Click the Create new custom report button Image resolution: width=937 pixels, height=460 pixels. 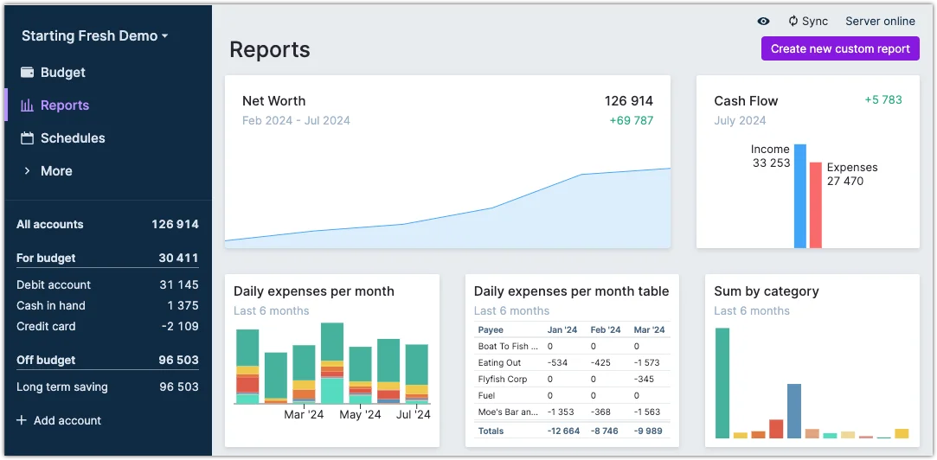point(840,48)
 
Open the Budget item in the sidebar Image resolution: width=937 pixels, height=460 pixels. point(62,73)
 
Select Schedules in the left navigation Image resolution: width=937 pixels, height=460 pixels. point(72,138)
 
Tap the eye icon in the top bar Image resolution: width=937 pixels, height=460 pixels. point(763,22)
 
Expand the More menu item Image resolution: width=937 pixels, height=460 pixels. point(55,171)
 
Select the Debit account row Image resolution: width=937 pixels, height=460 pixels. point(54,284)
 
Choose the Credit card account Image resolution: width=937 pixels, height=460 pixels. point(46,326)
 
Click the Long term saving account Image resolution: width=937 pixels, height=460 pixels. point(62,387)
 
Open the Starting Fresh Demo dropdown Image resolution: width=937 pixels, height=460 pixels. point(94,36)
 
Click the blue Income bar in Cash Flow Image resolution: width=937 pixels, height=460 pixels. point(800,196)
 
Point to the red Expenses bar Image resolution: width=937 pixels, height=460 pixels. point(815,205)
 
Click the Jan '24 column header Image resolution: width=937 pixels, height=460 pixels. point(562,329)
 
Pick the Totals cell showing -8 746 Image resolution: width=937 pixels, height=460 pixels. point(606,431)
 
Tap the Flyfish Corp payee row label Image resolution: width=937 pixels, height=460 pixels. point(503,379)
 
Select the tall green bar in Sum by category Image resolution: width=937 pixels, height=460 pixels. point(722,383)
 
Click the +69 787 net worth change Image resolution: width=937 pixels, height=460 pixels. point(631,120)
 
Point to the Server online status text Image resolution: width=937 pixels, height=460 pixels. point(880,22)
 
